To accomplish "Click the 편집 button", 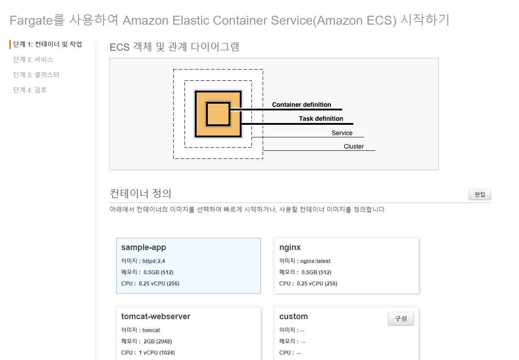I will tap(479, 195).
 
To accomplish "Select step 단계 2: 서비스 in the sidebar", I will tap(33, 59).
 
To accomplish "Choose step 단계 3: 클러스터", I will tap(36, 75).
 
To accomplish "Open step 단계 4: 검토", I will tap(30, 90).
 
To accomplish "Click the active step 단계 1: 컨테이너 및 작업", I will tap(48, 44).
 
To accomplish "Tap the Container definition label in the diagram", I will tap(301, 105).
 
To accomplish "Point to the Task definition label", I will tap(321, 119).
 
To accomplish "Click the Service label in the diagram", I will tap(342, 133).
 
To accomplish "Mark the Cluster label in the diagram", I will tap(354, 146).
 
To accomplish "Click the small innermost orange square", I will tap(218, 114).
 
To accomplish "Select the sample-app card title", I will tap(143, 247).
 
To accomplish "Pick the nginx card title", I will tap(290, 247).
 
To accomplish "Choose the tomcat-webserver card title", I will tap(155, 316).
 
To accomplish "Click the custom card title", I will tap(293, 316).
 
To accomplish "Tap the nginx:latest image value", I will tap(315, 261).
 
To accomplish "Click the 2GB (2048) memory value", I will tap(158, 341).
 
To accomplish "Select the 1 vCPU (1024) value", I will tap(157, 352).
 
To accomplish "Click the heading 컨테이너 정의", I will tap(141, 193).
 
